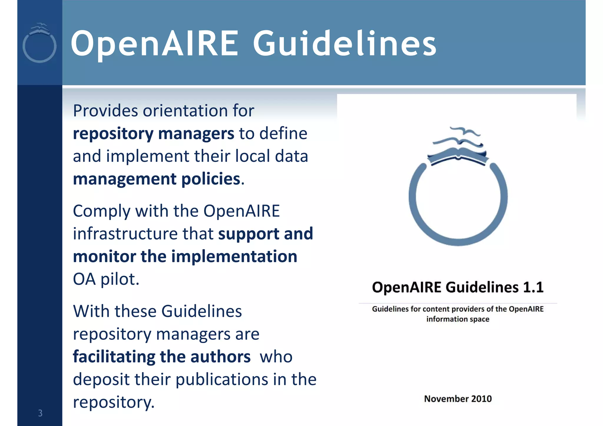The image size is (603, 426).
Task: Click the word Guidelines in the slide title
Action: coord(344,44)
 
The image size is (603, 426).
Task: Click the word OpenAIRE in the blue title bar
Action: coord(155,44)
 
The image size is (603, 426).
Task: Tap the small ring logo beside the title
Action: coord(39,44)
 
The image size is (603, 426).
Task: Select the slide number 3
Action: coord(40,413)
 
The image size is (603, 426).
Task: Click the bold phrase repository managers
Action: coord(153,134)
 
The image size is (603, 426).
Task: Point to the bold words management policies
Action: coord(157,179)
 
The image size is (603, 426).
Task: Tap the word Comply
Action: coord(102,211)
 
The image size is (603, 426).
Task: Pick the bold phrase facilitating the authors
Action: coord(162,357)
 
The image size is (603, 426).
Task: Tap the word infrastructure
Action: coord(125,234)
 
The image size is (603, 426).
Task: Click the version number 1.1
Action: coord(533,287)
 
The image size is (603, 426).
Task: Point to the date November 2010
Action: coord(458,399)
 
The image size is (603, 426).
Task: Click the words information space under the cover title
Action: coord(458,319)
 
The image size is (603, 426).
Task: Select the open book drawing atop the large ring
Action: coord(458,156)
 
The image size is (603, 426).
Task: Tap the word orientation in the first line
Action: coord(185,111)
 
